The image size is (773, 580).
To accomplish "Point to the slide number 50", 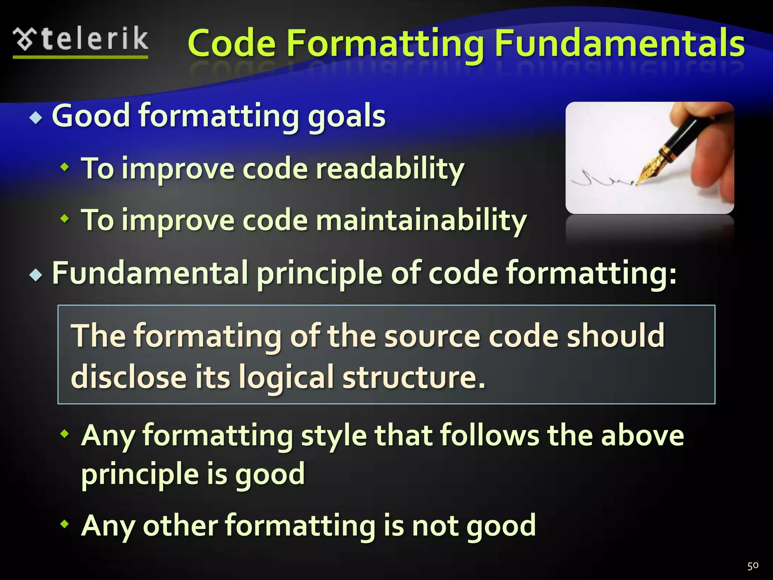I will click(x=753, y=566).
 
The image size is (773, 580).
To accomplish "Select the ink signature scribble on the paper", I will click(x=600, y=179).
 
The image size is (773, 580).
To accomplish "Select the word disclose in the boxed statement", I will click(x=128, y=376).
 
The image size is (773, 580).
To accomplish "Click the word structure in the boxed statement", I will click(x=413, y=376).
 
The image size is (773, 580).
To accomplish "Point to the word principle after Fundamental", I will click(x=319, y=273).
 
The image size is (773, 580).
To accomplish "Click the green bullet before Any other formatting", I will click(x=65, y=523).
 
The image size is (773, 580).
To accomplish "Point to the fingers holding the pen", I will click(x=713, y=159).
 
